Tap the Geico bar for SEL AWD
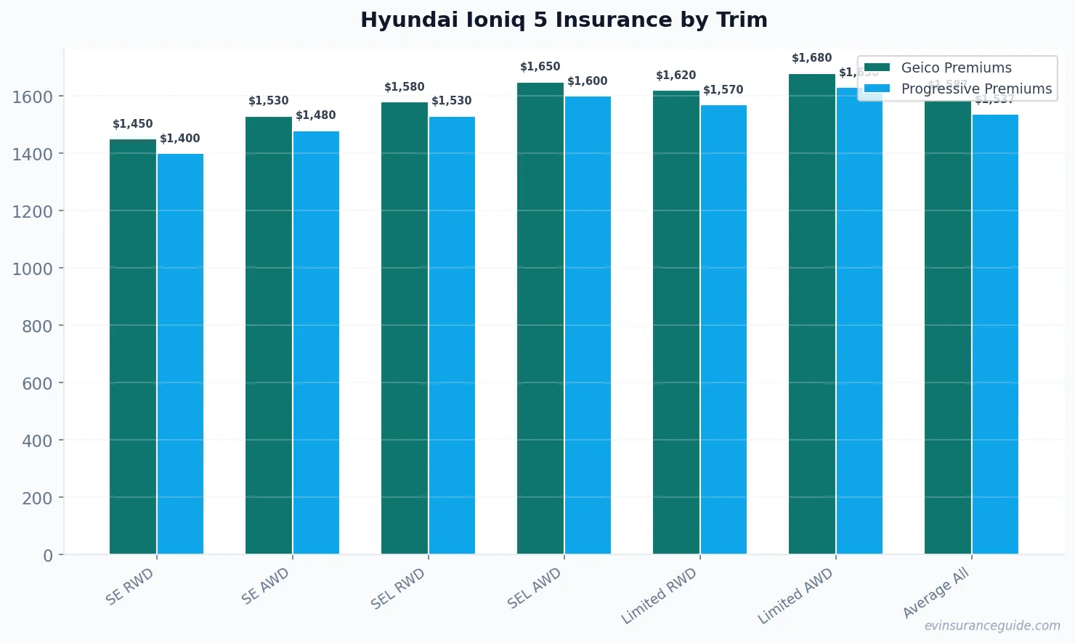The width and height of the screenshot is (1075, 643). pos(540,319)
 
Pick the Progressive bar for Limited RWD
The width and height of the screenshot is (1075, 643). pos(723,329)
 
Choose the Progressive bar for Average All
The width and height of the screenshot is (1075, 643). pos(995,335)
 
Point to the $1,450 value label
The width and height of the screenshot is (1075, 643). pos(133,124)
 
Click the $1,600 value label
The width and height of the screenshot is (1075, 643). pos(588,81)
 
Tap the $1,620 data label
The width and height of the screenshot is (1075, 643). pos(676,75)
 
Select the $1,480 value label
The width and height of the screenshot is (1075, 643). pos(316,115)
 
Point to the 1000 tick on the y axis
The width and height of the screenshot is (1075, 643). pos(32,269)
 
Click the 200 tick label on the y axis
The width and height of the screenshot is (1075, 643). pos(37,498)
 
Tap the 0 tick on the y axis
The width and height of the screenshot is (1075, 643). pos(48,556)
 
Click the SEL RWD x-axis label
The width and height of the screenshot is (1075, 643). pos(398,588)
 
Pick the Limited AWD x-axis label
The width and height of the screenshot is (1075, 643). pos(795,596)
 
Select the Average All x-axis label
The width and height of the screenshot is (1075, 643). pos(936,593)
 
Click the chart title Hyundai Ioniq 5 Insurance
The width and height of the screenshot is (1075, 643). pos(564,20)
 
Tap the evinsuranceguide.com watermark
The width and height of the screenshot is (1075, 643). pos(992,626)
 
